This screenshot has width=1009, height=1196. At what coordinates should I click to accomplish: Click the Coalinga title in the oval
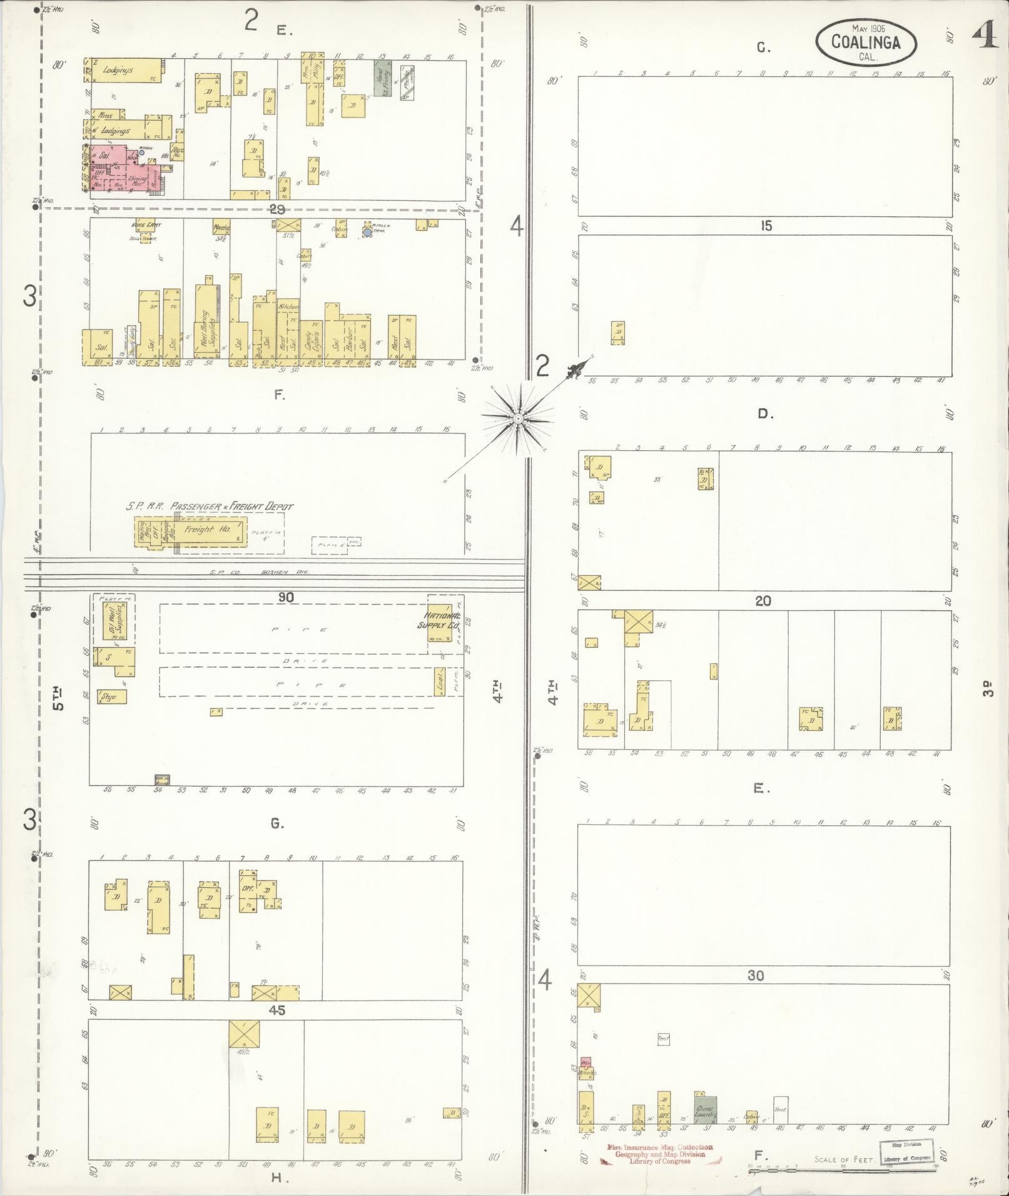tap(866, 43)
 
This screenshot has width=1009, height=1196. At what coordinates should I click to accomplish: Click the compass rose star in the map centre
tap(518, 417)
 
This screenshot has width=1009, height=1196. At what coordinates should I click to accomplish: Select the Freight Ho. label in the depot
tap(207, 529)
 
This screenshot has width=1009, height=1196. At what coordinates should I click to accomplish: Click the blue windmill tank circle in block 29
tap(367, 233)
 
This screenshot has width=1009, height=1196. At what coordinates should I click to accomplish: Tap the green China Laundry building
tap(705, 1112)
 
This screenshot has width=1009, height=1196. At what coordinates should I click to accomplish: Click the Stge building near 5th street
tap(111, 696)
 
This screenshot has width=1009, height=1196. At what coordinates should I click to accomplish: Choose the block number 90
tap(286, 598)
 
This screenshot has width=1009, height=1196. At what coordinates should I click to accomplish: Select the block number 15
tap(766, 226)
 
